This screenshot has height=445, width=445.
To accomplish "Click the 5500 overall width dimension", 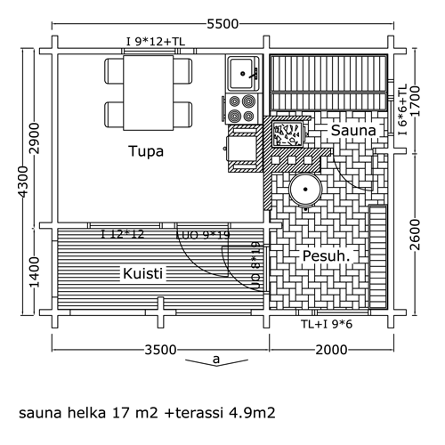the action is (x=222, y=24).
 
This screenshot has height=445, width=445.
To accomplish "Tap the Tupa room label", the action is (x=146, y=151).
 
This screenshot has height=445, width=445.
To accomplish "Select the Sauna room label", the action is (x=353, y=130).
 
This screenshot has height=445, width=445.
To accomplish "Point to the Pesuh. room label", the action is (x=326, y=256).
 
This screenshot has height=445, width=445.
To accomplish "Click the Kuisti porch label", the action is (x=142, y=273).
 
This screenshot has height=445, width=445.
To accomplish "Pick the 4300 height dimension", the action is (x=23, y=182).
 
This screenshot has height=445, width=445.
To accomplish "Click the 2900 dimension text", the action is (x=35, y=138).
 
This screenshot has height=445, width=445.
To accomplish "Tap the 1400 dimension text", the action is (x=35, y=272).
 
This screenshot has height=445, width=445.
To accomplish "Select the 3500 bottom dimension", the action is (x=160, y=350).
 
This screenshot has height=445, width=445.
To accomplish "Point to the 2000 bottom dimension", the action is (x=331, y=350).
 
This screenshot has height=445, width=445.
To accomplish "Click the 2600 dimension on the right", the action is (x=416, y=235).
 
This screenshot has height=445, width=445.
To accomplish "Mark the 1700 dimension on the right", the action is (x=416, y=101).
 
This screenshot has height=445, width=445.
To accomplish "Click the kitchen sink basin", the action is (x=242, y=74).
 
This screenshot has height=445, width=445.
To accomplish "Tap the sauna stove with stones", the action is (x=287, y=135).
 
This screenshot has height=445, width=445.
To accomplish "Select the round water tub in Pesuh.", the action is (x=305, y=190).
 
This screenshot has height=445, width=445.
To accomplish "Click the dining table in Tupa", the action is (x=149, y=93).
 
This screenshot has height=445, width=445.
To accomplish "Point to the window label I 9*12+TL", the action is (x=156, y=42).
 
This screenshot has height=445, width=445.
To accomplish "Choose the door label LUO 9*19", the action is (x=203, y=235).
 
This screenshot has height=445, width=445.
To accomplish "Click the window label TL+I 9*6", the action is (x=327, y=324).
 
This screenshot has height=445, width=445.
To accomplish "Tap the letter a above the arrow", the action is (x=216, y=359).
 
